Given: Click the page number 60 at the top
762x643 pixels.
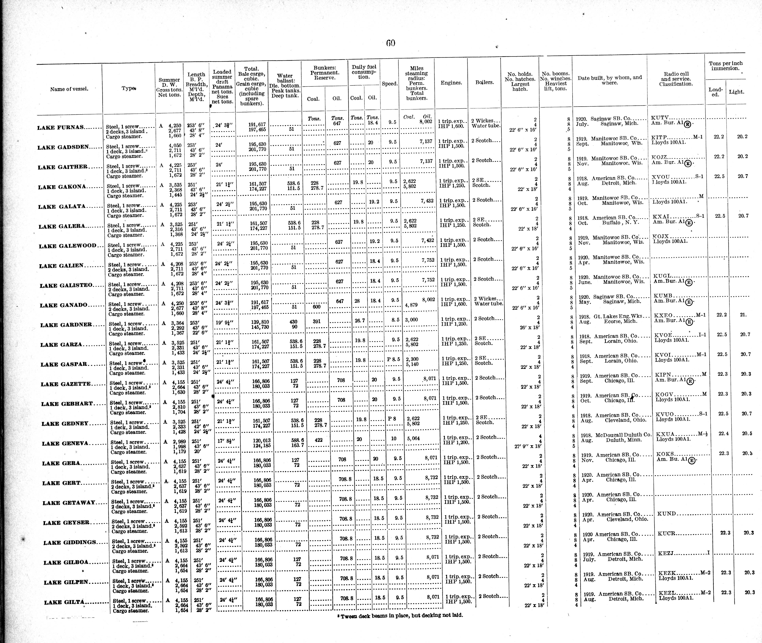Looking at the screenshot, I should [390, 43].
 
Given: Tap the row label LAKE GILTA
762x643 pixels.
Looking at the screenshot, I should [64, 602].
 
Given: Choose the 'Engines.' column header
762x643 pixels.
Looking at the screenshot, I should [451, 83].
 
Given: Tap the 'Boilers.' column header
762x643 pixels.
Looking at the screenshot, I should [484, 82].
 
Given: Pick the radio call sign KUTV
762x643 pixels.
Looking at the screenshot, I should [659, 118].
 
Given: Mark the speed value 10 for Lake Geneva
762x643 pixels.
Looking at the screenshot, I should [394, 439].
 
